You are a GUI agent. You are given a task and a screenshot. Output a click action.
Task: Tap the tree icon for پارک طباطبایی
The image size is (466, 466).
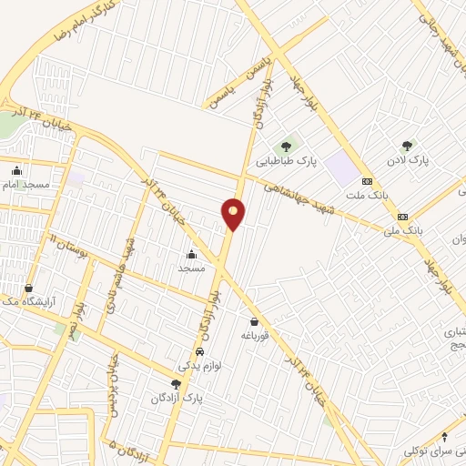tap(286, 145)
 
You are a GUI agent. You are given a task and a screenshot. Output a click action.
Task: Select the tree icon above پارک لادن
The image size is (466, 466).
tap(407, 145)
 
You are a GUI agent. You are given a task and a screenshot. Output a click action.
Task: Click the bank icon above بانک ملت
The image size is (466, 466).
tap(367, 180)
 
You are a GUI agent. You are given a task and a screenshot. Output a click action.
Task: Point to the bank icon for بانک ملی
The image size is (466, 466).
tap(402, 217)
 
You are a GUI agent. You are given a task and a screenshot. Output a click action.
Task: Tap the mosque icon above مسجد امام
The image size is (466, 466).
tap(16, 170)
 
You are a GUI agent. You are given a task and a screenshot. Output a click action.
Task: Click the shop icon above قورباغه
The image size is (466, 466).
tap(254, 321)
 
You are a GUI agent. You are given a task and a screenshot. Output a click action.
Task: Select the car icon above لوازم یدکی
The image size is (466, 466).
tap(200, 351)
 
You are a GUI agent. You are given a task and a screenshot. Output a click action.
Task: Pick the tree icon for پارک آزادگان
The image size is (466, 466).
tap(177, 384)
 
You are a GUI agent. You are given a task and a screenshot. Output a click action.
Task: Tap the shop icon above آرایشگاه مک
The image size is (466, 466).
tap(28, 288)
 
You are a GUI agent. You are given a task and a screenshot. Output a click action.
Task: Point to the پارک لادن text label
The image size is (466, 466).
tap(409, 161)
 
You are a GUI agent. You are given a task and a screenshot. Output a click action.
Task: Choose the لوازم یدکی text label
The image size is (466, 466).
tap(198, 365)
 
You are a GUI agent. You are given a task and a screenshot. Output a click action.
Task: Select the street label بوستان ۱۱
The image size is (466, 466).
tap(67, 246)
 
